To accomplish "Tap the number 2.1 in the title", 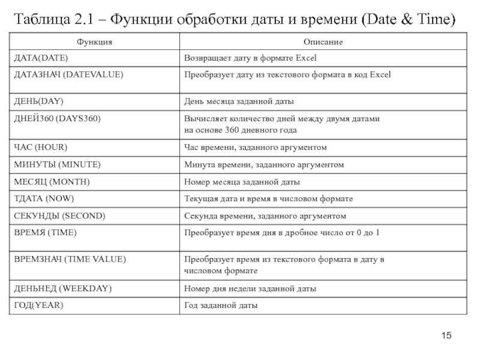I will click(x=87, y=19).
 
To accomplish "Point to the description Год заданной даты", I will click(x=221, y=305).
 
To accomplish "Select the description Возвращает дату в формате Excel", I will click(x=250, y=58).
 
